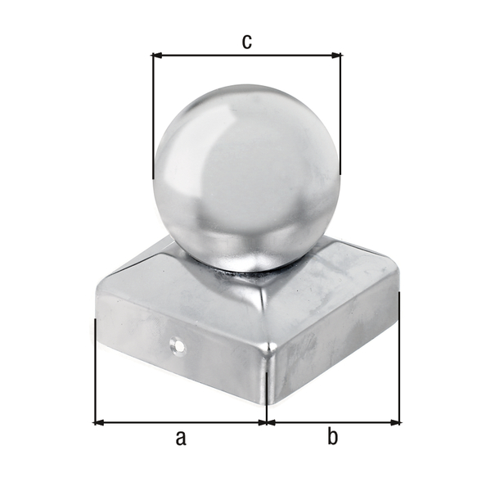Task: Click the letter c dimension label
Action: pyautogui.click(x=245, y=41)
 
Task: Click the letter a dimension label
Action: pyautogui.click(x=180, y=438)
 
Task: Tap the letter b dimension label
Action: pyautogui.click(x=332, y=438)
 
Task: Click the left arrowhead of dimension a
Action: pyautogui.click(x=99, y=422)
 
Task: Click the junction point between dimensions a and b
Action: pyautogui.click(x=267, y=422)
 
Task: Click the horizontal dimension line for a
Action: pyautogui.click(x=180, y=422)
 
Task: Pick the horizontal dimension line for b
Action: pyautogui.click(x=332, y=422)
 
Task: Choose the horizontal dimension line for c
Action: pyautogui.click(x=245, y=56)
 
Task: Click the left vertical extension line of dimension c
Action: pyautogui.click(x=153, y=115)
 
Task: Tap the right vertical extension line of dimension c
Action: pyautogui.click(x=340, y=115)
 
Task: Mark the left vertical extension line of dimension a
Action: pyautogui.click(x=95, y=368)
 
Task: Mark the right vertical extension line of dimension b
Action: pyautogui.click(x=400, y=360)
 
